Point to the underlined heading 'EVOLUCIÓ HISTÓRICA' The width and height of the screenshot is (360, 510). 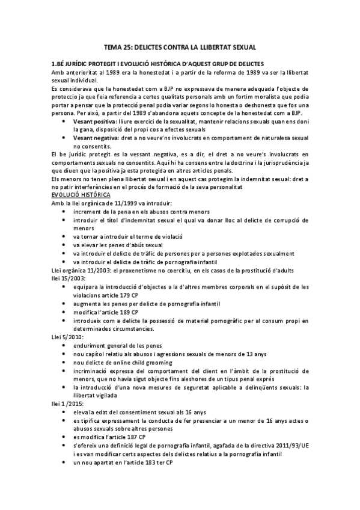pos(81,196)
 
